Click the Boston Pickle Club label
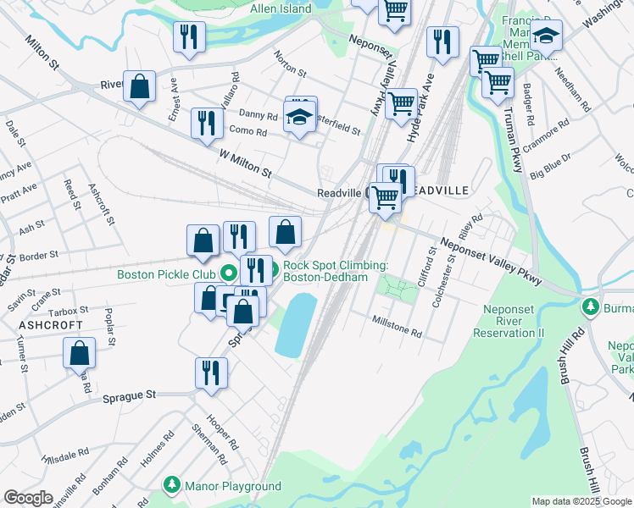165,274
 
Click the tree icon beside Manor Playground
173,485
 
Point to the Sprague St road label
130,395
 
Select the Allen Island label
281,8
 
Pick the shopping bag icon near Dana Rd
79,353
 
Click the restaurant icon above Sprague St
211,372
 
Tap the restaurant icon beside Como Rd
206,123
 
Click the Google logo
28,498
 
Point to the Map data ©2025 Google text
581,501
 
